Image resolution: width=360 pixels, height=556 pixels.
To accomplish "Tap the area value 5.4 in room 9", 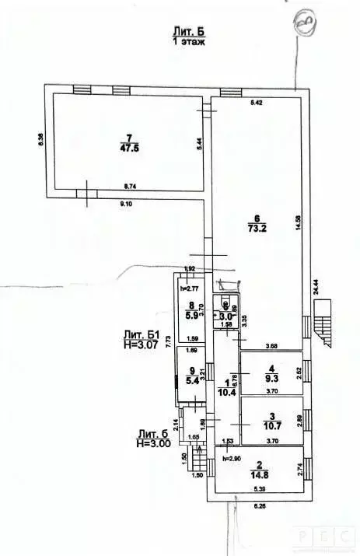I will (191, 383).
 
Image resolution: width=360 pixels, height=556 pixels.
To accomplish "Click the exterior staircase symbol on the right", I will (323, 322).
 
